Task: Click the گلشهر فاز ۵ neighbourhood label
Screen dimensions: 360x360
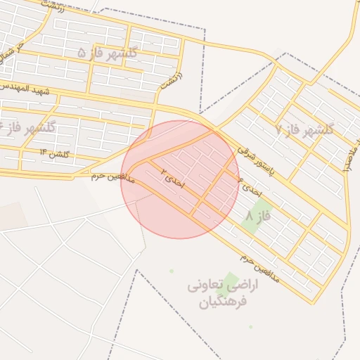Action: [x=107, y=53]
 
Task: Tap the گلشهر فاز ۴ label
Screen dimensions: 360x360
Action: [x=28, y=128]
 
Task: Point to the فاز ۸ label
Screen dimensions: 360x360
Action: [x=259, y=217]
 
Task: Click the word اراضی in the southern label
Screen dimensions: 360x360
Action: [x=244, y=286]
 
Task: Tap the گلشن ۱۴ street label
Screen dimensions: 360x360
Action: [x=53, y=153]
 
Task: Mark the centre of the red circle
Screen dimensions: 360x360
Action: [x=180, y=179]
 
